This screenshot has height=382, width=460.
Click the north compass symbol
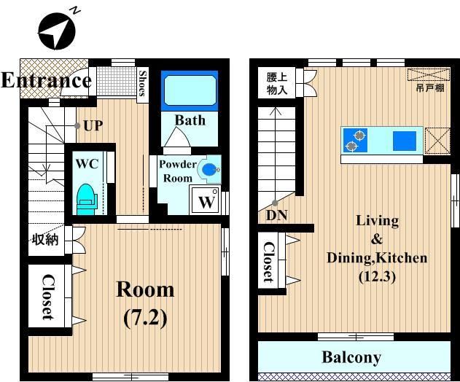[57, 30]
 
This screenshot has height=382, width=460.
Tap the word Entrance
[46, 80]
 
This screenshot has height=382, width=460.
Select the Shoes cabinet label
[143, 84]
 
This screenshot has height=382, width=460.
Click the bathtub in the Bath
[190, 90]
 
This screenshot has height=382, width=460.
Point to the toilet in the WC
[86, 200]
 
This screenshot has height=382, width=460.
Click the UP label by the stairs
[93, 126]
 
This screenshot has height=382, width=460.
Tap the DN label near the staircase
[276, 215]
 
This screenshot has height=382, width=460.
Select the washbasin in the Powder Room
[209, 169]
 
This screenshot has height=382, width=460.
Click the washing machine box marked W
[206, 200]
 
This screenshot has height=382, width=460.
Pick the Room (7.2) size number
[146, 318]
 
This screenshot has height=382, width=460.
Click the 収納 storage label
[45, 240]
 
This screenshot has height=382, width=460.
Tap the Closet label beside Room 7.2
[48, 297]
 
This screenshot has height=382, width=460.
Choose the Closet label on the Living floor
[268, 262]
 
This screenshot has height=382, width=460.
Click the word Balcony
[351, 357]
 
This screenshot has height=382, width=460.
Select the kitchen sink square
[405, 141]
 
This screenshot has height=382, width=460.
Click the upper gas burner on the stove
[359, 136]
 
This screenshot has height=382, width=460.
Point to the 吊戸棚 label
[430, 87]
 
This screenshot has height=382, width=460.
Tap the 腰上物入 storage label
[276, 83]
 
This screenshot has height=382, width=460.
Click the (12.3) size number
[377, 277]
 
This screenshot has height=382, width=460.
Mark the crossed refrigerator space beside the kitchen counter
[437, 141]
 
